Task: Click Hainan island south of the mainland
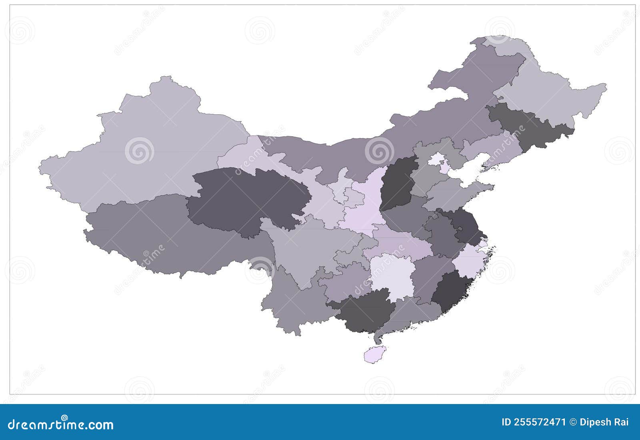[375, 354]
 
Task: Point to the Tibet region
[168, 236]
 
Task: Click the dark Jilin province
[528, 124]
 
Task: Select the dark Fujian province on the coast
[452, 292]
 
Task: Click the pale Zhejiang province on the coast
[470, 260]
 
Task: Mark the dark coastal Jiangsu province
[464, 226]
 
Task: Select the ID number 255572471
[534, 422]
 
